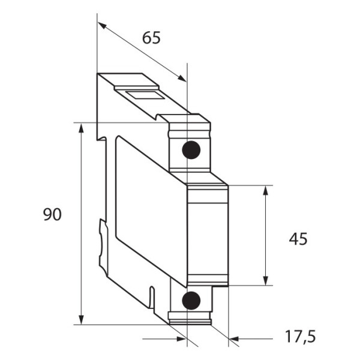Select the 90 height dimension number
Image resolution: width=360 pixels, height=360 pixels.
tap(52, 215)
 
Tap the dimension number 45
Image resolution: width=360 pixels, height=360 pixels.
tap(298, 239)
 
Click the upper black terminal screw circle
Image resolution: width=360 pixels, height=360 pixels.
tap(191, 149)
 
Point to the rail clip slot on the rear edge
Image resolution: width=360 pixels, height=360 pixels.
tap(102, 240)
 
